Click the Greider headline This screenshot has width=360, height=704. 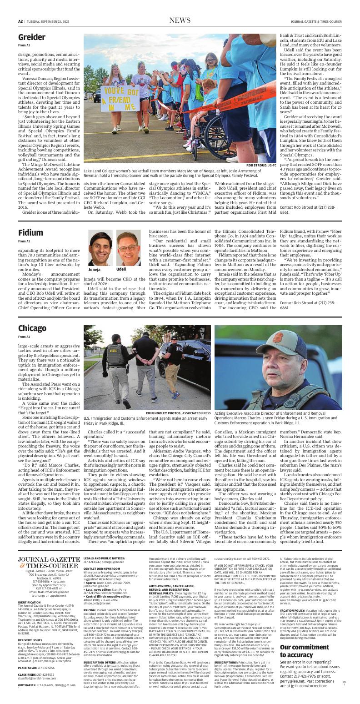click(x=32, y=37)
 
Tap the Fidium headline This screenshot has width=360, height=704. click(x=31, y=233)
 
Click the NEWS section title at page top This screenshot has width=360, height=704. click(x=180, y=20)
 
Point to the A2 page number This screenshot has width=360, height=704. click(x=20, y=21)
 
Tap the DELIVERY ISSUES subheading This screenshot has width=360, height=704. click(x=30, y=640)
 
